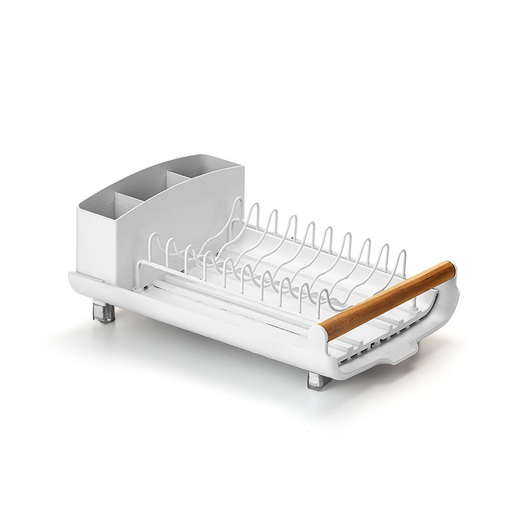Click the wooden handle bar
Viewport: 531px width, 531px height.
(386, 301)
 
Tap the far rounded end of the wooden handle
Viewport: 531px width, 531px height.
(450, 270)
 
